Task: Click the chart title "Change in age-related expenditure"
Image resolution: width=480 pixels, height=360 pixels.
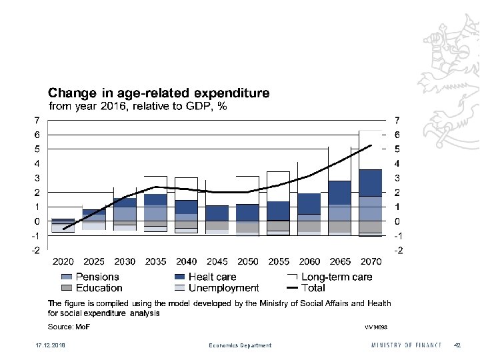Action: (x=158, y=93)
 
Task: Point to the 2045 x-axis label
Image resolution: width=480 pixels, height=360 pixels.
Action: (x=217, y=261)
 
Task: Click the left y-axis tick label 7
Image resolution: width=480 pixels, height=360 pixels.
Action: (x=37, y=120)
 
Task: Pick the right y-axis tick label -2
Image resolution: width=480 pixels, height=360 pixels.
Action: (x=399, y=251)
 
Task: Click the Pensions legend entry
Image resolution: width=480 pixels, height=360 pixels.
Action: (x=89, y=277)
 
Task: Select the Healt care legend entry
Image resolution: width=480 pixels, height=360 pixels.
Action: (x=205, y=277)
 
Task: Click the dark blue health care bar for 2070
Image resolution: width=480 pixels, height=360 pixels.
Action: (x=371, y=183)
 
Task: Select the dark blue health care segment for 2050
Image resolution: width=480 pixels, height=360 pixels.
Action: (x=248, y=213)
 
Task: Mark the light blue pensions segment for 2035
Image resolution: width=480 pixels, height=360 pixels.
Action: (x=155, y=213)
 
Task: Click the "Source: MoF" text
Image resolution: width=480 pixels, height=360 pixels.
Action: (x=68, y=327)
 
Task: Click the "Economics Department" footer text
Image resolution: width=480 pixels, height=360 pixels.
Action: (x=240, y=345)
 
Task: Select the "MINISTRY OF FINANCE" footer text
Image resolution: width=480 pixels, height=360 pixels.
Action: (x=406, y=345)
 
